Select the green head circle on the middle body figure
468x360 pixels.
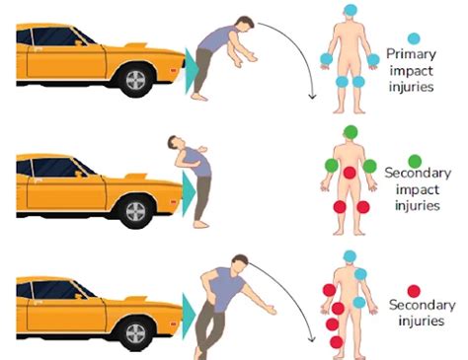[350, 132]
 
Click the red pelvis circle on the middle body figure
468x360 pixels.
[350, 173]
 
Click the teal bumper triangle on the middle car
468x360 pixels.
[188, 193]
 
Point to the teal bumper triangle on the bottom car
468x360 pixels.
[188, 315]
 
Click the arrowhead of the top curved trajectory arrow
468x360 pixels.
[312, 98]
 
